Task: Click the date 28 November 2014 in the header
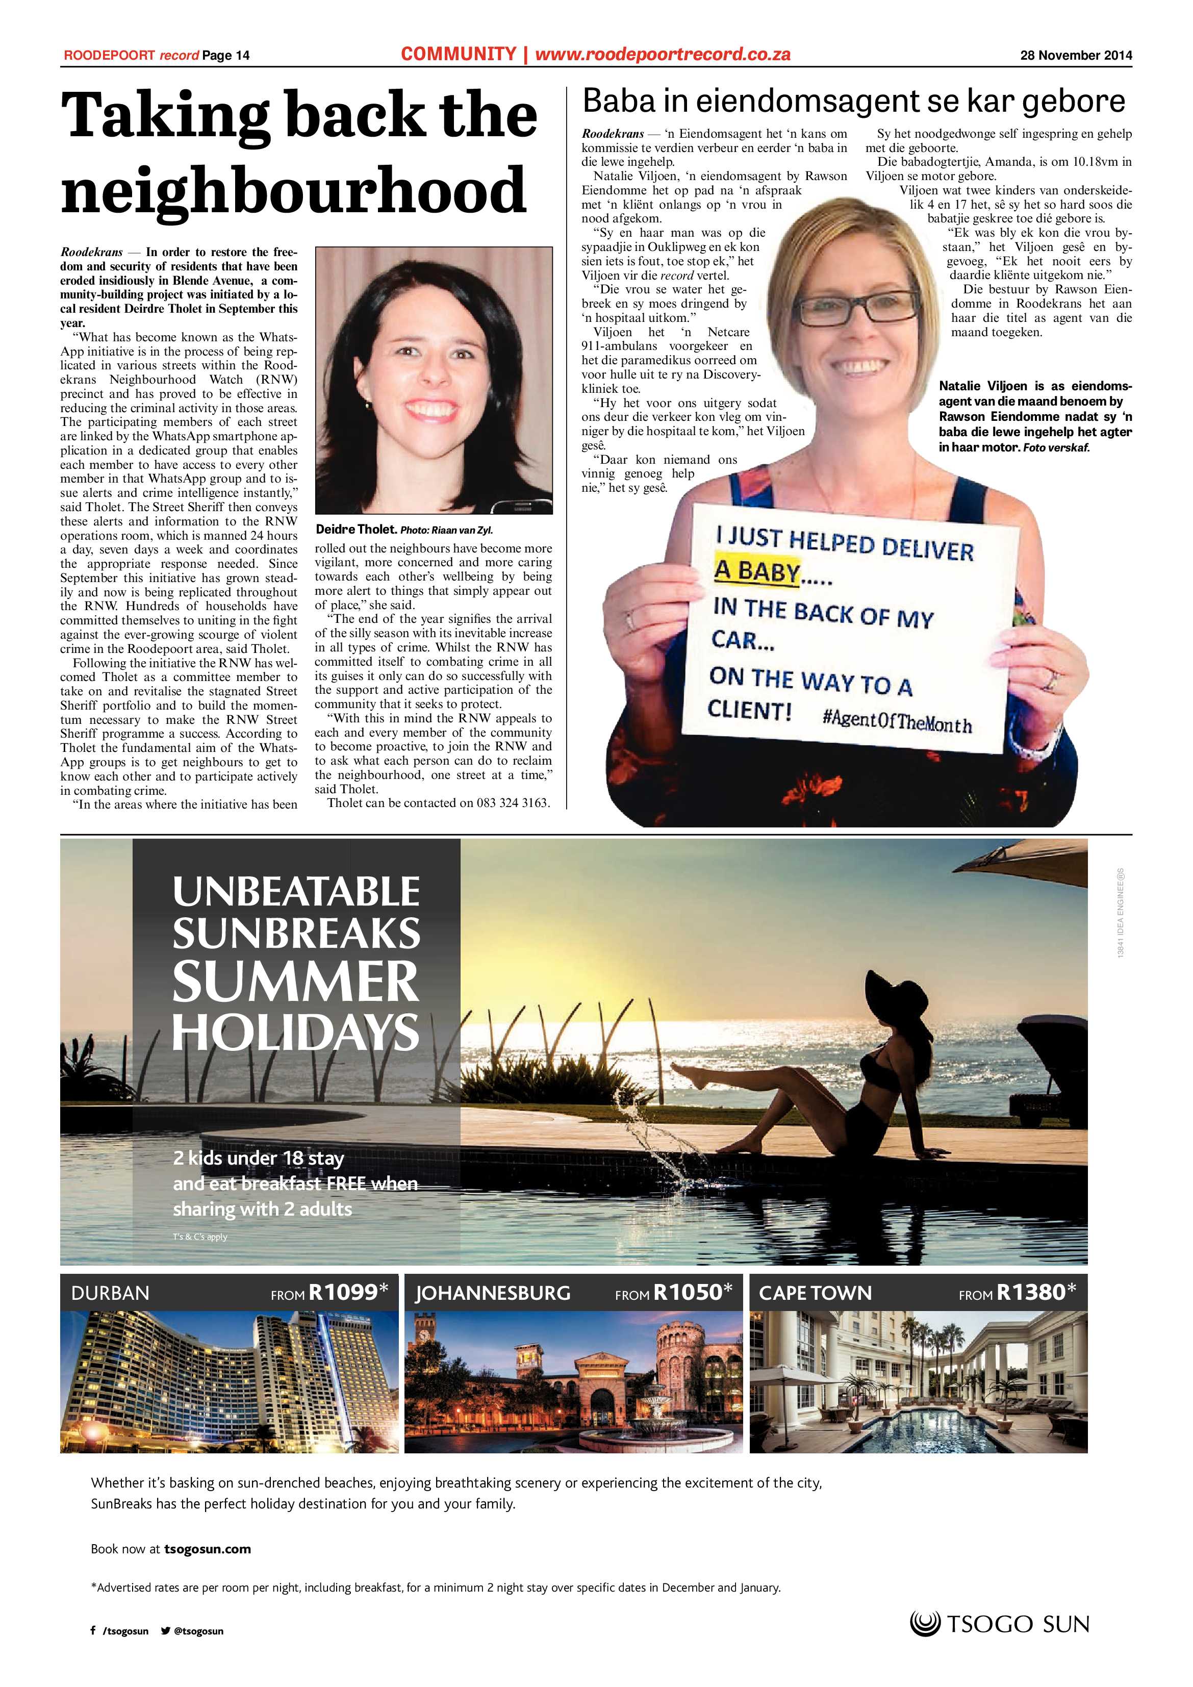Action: [x=1076, y=55]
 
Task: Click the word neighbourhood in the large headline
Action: [x=294, y=190]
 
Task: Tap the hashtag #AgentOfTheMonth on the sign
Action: [x=897, y=720]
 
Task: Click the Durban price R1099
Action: [x=343, y=1292]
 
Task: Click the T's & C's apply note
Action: [x=200, y=1237]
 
